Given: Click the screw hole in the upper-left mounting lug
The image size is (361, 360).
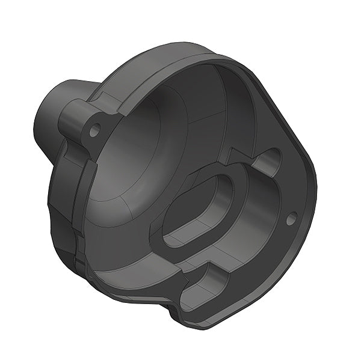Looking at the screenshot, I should click(94, 129).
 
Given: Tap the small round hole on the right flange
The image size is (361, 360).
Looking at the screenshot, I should click(291, 219).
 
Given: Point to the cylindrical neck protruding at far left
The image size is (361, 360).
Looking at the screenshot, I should click(48, 117).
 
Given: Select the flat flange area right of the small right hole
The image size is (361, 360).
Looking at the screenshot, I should click(304, 204).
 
